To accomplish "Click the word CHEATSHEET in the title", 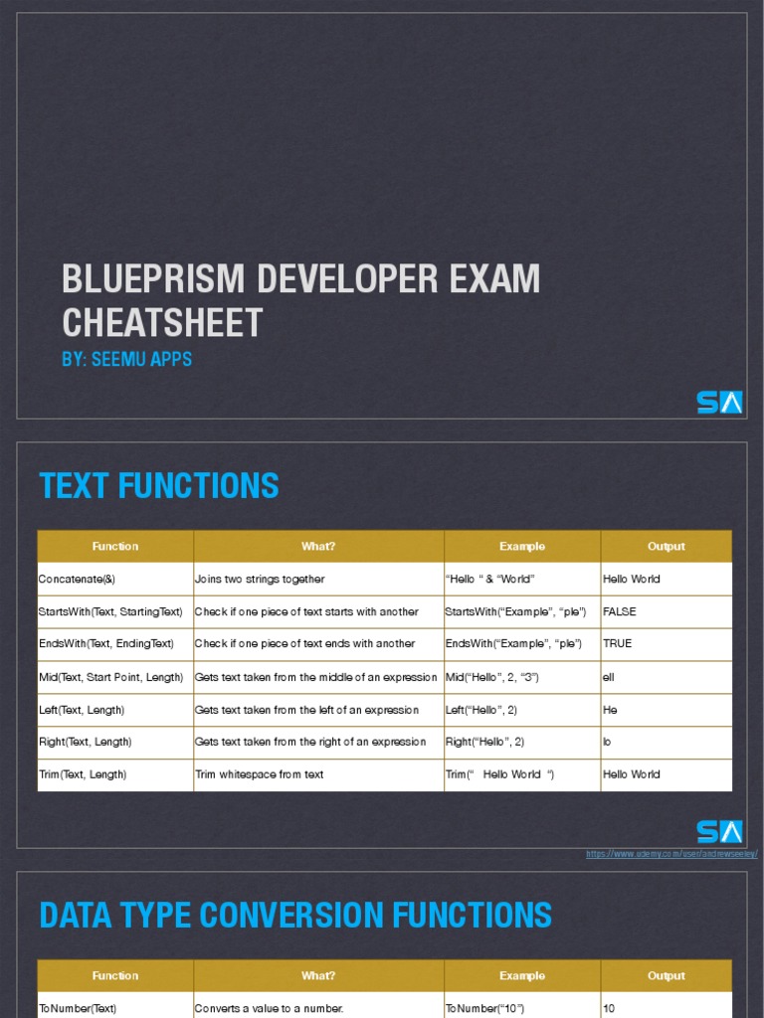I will pos(162,323).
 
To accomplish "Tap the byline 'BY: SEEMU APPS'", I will pos(126,360).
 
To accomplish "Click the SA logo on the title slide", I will pos(718,403).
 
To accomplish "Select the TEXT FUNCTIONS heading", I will pos(159,486).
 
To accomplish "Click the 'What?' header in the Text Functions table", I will pos(318,546).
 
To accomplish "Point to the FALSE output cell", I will pos(620,611).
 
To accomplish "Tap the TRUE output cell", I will pos(618,644).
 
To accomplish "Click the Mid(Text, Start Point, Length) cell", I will pos(110,677).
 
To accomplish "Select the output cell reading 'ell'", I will pos(609,677).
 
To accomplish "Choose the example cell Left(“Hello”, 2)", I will pos(480,710).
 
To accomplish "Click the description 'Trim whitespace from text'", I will pos(259,774).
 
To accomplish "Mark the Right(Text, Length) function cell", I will pos(85,742).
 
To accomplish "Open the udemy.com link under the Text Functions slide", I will pos(671,854).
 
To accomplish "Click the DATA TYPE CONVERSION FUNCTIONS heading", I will pos(295,915).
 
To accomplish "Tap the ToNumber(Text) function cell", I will pos(78,1008).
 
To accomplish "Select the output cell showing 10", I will pos(609,1008).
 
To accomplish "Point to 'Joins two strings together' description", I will pos(260,579).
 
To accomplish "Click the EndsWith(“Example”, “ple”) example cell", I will pos(515,644).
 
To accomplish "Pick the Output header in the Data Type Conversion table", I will pos(666,975).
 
